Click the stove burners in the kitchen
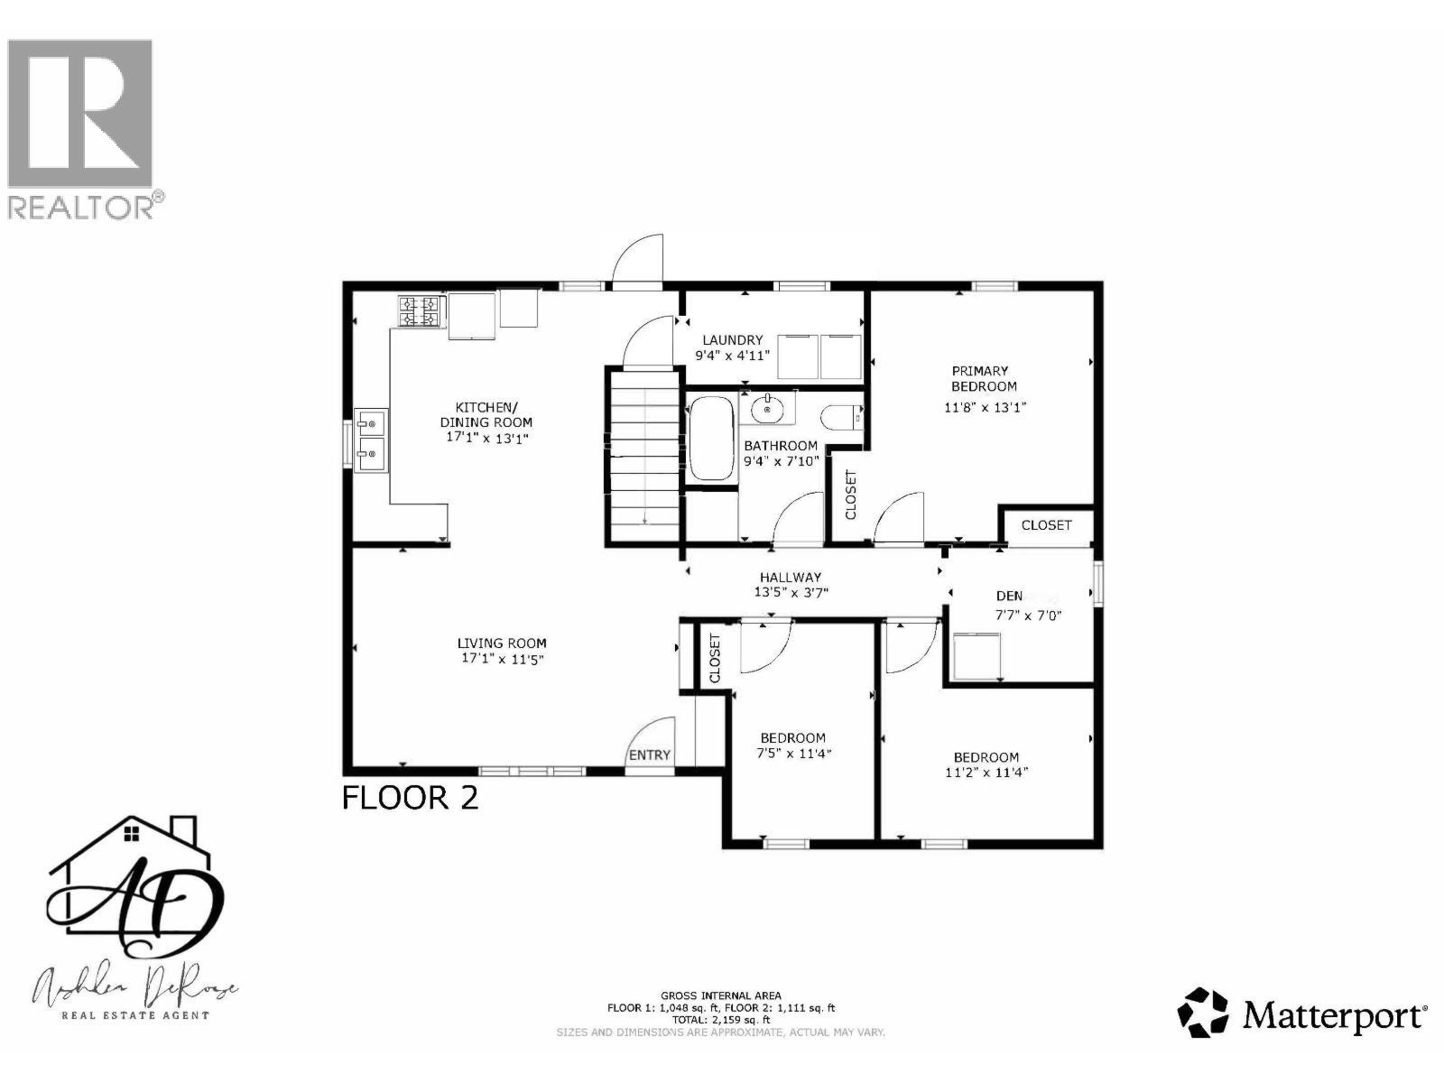point(420,311)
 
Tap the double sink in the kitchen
point(371,440)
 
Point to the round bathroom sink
point(767,409)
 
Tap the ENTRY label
point(650,755)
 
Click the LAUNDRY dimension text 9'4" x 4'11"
point(732,356)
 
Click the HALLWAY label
point(790,578)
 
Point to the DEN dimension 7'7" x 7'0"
point(1030,616)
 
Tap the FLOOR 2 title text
point(411,798)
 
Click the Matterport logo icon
point(1204,1012)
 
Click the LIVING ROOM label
point(502,643)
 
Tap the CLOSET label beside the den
point(1046,524)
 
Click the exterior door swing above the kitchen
point(638,261)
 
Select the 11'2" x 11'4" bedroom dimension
point(986,773)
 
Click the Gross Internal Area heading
point(720,995)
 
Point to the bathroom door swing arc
point(798,518)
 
